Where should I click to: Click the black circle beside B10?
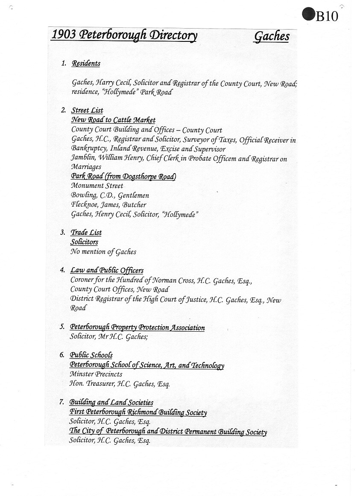pyautogui.click(x=308, y=14)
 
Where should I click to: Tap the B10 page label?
pyautogui.click(x=327, y=16)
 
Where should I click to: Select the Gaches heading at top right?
pyautogui.click(x=272, y=36)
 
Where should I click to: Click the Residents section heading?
pyautogui.click(x=86, y=64)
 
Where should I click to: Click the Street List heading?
pyautogui.click(x=87, y=111)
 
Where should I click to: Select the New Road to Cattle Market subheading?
pyautogui.click(x=113, y=120)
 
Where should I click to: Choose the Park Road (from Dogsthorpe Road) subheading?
pyautogui.click(x=123, y=176)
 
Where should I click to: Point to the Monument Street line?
pyautogui.click(x=97, y=186)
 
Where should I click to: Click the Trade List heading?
pyautogui.click(x=86, y=233)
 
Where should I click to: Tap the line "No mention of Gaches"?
pyautogui.click(x=103, y=252)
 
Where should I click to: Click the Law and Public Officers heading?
pyautogui.click(x=107, y=270)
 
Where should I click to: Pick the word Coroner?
pyautogui.click(x=82, y=280)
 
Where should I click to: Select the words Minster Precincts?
pyautogui.click(x=96, y=374)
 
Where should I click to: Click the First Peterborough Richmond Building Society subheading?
pyautogui.click(x=138, y=412)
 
